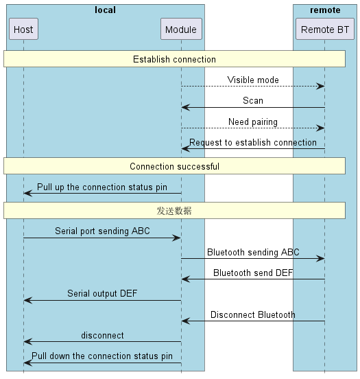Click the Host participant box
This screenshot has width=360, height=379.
23,30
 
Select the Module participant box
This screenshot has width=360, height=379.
181,30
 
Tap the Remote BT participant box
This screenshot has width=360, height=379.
324,30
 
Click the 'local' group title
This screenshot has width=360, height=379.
105,10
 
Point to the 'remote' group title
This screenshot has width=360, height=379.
324,10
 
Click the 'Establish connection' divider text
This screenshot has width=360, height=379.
174,59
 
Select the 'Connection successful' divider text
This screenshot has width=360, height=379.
174,166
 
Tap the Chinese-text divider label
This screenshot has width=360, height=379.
174,211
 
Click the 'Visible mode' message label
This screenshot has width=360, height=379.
253,80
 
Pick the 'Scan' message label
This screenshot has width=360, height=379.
253,101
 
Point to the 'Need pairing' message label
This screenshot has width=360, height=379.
253,122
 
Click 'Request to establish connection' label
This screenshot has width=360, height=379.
253,143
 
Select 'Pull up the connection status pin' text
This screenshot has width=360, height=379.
102,187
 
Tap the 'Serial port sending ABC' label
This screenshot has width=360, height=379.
102,231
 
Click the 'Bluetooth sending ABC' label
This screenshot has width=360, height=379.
253,252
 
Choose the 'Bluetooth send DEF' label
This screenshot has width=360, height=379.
253,273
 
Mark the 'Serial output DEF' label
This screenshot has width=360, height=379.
102,294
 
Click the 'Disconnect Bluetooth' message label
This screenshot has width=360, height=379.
253,315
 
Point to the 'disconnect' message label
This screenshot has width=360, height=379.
102,336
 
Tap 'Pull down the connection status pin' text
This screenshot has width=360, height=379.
102,356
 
